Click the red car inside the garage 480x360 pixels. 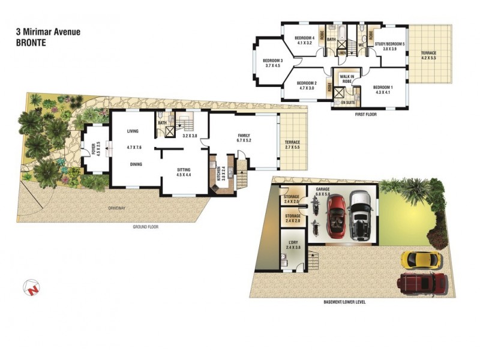pyautogui.click(x=337, y=217)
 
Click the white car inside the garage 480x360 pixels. pyautogui.click(x=361, y=214)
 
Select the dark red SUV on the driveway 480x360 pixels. pyautogui.click(x=424, y=281)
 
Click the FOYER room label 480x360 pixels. pyautogui.click(x=93, y=147)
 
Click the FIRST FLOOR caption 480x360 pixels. pyautogui.click(x=365, y=113)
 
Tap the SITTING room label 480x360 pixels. pyautogui.click(x=183, y=170)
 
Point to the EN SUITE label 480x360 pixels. pyautogui.click(x=348, y=103)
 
